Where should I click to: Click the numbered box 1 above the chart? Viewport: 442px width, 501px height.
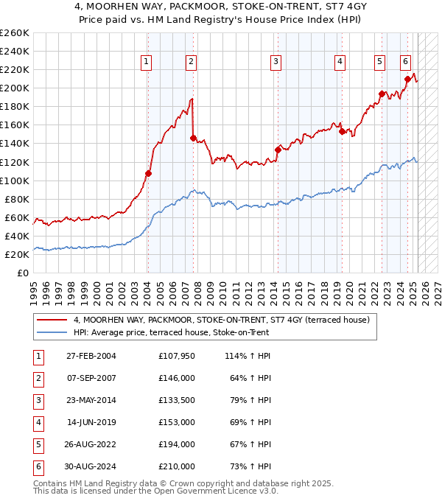click(x=147, y=62)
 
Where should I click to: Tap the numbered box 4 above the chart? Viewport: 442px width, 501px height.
click(x=340, y=62)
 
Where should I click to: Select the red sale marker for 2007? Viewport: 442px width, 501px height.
click(x=193, y=138)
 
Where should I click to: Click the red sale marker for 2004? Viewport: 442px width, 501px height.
click(x=148, y=173)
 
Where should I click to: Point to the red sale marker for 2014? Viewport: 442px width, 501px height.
click(x=278, y=150)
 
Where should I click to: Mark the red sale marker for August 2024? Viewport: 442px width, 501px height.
click(x=407, y=79)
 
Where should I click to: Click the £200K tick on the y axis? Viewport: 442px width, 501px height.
click(x=15, y=88)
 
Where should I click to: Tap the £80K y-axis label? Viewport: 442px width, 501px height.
click(x=17, y=199)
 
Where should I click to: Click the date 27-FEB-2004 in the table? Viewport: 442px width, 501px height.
click(x=91, y=356)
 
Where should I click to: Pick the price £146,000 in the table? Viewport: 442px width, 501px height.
click(x=177, y=378)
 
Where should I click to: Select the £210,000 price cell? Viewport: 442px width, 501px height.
click(x=177, y=466)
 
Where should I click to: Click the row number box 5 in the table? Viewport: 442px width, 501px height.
click(x=36, y=444)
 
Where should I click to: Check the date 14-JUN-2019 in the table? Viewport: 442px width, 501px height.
click(x=91, y=422)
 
